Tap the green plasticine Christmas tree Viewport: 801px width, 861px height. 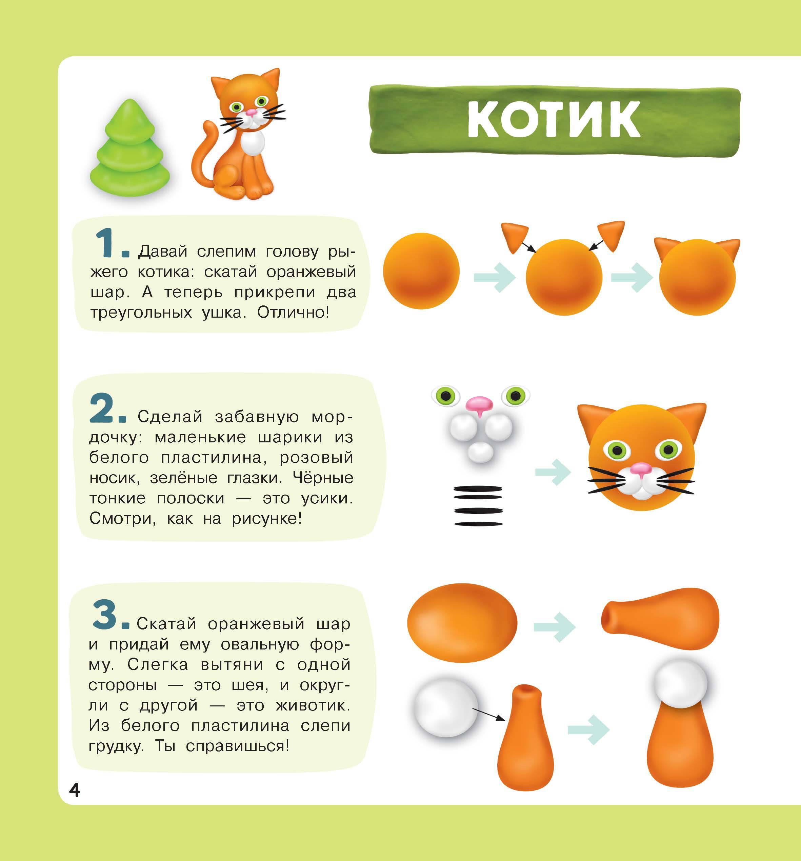point(129,148)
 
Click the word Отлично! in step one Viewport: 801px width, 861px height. point(293,312)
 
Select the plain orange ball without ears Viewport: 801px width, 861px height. point(421,271)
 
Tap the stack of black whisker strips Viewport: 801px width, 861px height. point(478,505)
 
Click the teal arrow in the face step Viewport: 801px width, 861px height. point(553,472)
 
